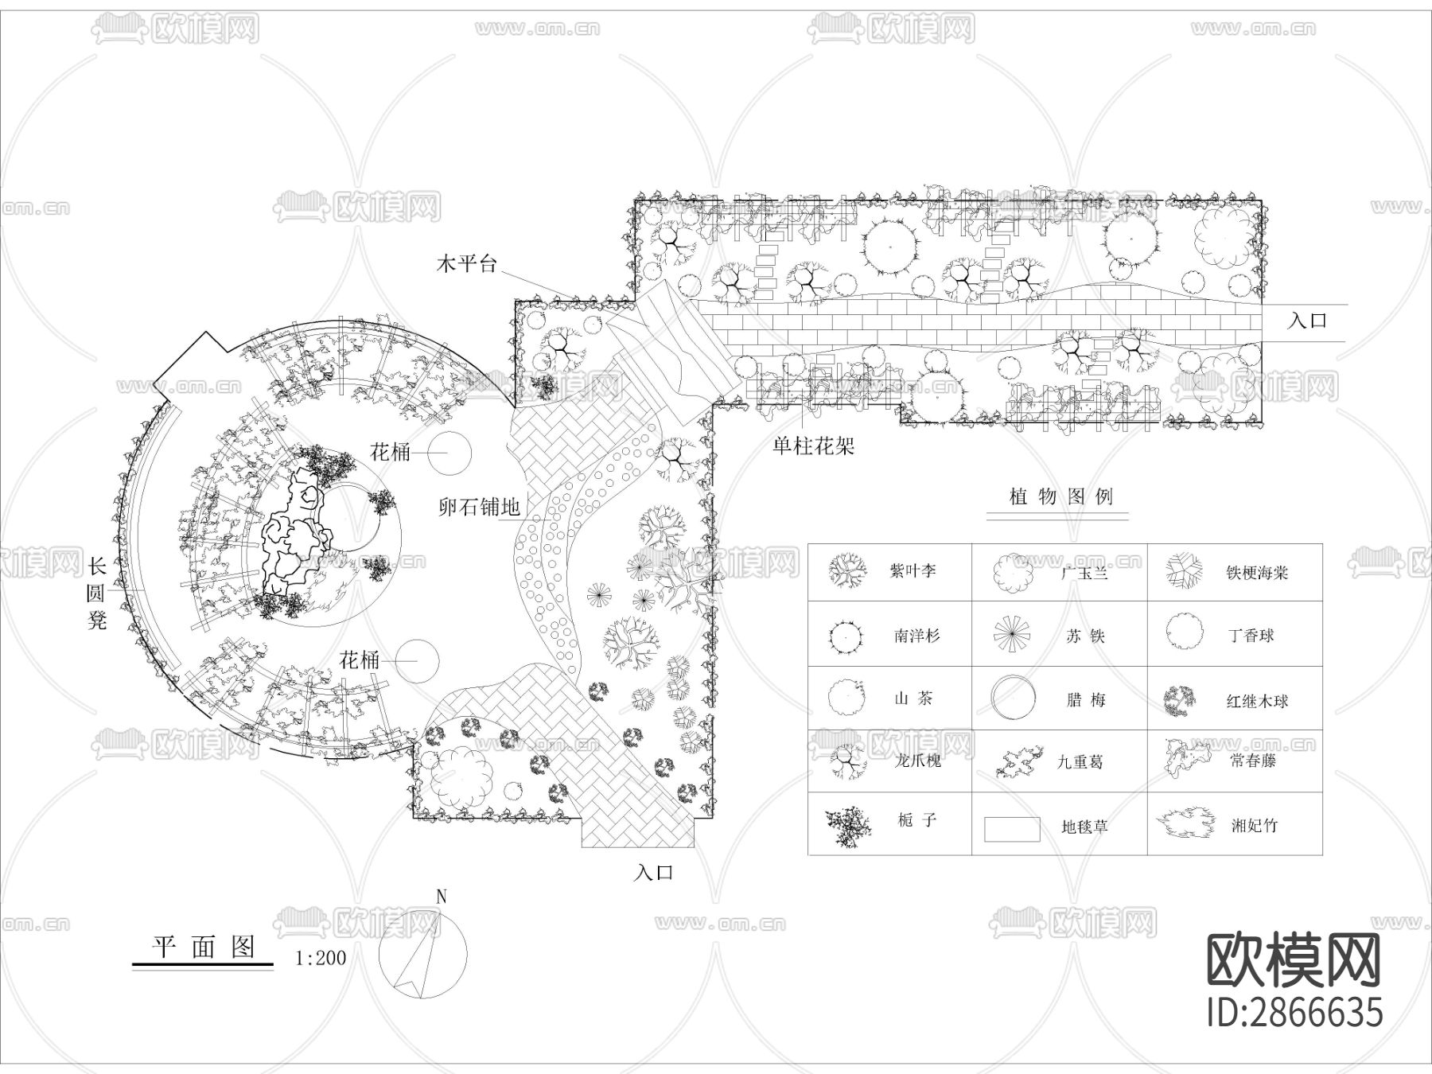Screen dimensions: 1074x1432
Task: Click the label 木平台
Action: tap(466, 263)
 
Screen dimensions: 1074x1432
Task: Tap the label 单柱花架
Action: tap(813, 446)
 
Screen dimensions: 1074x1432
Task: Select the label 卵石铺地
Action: tap(480, 506)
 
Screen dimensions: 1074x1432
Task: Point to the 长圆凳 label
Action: tap(96, 593)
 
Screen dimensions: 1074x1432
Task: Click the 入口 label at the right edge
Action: tap(1308, 321)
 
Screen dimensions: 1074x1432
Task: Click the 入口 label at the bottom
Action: tap(654, 872)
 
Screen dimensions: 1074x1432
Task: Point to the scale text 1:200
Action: tap(321, 958)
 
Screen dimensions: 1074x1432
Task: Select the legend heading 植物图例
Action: tap(1060, 497)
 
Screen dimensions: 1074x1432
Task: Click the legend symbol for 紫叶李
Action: tap(847, 570)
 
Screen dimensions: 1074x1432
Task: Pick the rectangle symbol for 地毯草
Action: tap(1012, 829)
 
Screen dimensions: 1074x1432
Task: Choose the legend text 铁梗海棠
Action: tap(1257, 572)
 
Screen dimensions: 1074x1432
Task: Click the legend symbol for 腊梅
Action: tap(1014, 698)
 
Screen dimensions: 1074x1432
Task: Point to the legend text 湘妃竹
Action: tap(1255, 826)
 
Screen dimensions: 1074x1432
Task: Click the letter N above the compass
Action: tap(442, 897)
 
